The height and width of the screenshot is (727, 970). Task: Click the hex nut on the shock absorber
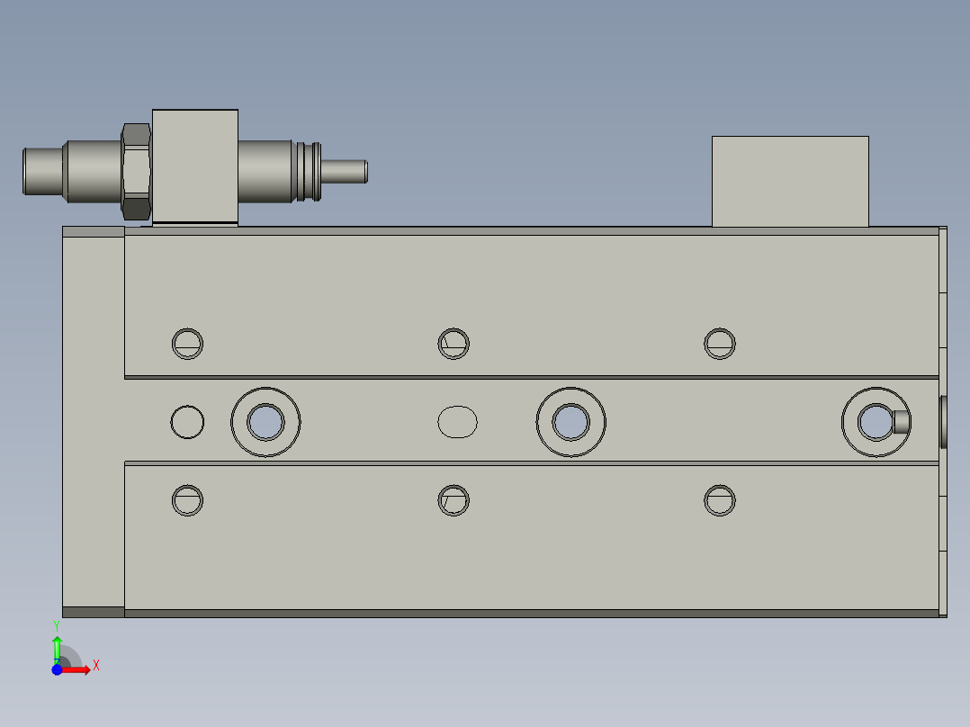tap(135, 170)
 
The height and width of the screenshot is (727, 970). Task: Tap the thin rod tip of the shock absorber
tap(346, 171)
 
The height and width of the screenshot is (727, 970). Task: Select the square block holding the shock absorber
tap(195, 166)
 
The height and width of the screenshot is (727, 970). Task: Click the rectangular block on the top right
tap(790, 181)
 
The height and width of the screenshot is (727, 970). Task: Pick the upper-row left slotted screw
tap(187, 343)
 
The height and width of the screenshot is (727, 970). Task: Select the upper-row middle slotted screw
tap(454, 343)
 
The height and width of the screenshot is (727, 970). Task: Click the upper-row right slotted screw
tap(720, 343)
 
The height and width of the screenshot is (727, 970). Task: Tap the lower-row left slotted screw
tap(187, 500)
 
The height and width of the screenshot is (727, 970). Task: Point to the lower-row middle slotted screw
tap(454, 500)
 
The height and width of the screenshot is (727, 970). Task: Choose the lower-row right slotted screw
tap(720, 500)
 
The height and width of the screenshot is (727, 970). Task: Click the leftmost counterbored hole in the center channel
tap(265, 421)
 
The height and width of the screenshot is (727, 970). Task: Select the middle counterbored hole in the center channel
tap(570, 421)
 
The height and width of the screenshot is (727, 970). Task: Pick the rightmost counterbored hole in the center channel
tap(875, 421)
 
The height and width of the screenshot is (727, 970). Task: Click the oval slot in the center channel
tap(458, 421)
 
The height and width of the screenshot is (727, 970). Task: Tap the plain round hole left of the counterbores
tap(187, 421)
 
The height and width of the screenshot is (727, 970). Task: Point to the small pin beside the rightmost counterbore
tap(901, 420)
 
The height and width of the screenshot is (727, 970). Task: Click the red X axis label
tap(95, 666)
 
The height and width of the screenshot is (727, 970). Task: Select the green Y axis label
tap(57, 624)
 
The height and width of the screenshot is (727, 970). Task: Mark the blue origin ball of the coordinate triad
tap(57, 669)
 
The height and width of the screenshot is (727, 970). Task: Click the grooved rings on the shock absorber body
tap(308, 171)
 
